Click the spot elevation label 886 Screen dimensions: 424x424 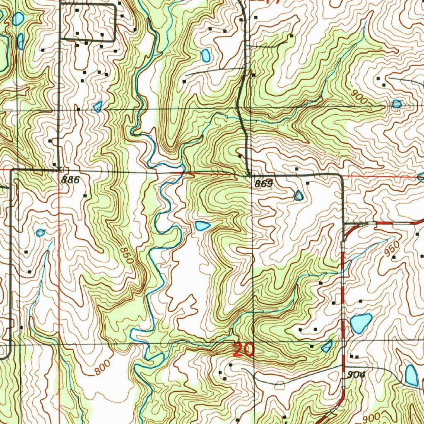(70, 179)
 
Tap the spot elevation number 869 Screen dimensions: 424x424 (264, 184)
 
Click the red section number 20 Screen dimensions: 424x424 (243, 350)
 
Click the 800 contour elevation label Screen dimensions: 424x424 (102, 368)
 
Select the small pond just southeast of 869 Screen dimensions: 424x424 (299, 195)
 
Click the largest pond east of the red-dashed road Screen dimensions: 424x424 (361, 323)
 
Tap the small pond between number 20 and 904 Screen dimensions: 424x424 (327, 346)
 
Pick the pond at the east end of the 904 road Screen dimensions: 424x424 (411, 375)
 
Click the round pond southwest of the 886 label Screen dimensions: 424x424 (40, 233)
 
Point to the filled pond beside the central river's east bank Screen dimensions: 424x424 (202, 226)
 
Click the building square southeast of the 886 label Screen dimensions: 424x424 (85, 195)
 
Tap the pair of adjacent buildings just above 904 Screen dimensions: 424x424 (354, 356)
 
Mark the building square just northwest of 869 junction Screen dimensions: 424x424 (240, 156)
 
